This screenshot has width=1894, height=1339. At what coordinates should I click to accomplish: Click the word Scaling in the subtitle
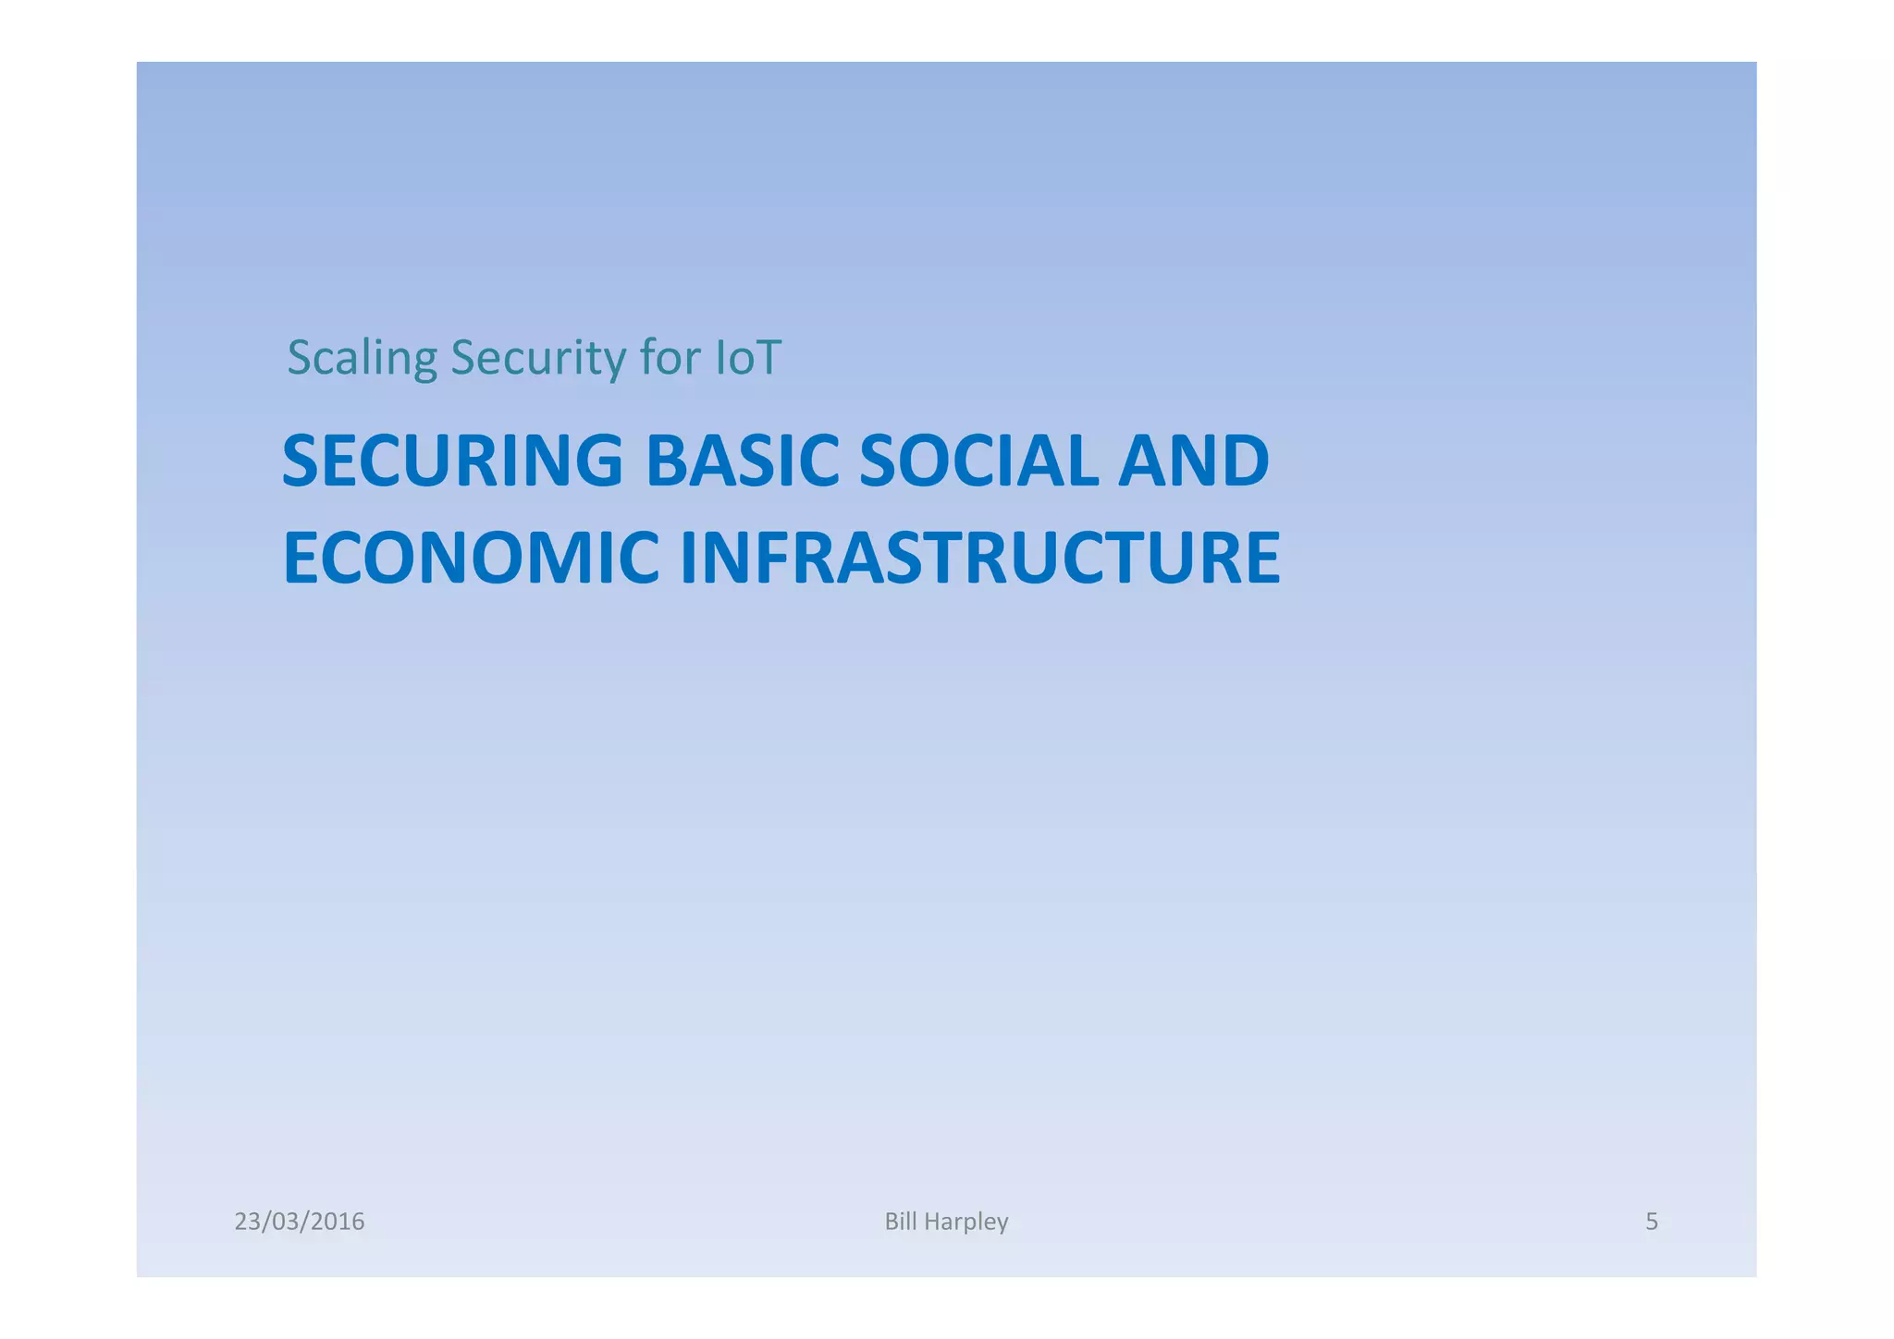tap(362, 359)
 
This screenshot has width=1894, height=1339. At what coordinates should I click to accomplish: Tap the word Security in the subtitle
tap(537, 359)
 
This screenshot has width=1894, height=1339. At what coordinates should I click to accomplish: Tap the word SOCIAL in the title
tap(978, 461)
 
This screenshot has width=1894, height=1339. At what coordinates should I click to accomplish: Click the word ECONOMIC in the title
tap(471, 559)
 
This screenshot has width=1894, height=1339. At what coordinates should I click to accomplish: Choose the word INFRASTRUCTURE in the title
tap(979, 559)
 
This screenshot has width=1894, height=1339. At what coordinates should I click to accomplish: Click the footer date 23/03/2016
tap(300, 1222)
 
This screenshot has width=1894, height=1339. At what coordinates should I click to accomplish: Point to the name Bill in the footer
tap(900, 1221)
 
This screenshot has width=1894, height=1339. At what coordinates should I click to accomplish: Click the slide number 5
tap(1651, 1222)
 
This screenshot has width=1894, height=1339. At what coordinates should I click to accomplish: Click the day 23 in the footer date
tap(247, 1222)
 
